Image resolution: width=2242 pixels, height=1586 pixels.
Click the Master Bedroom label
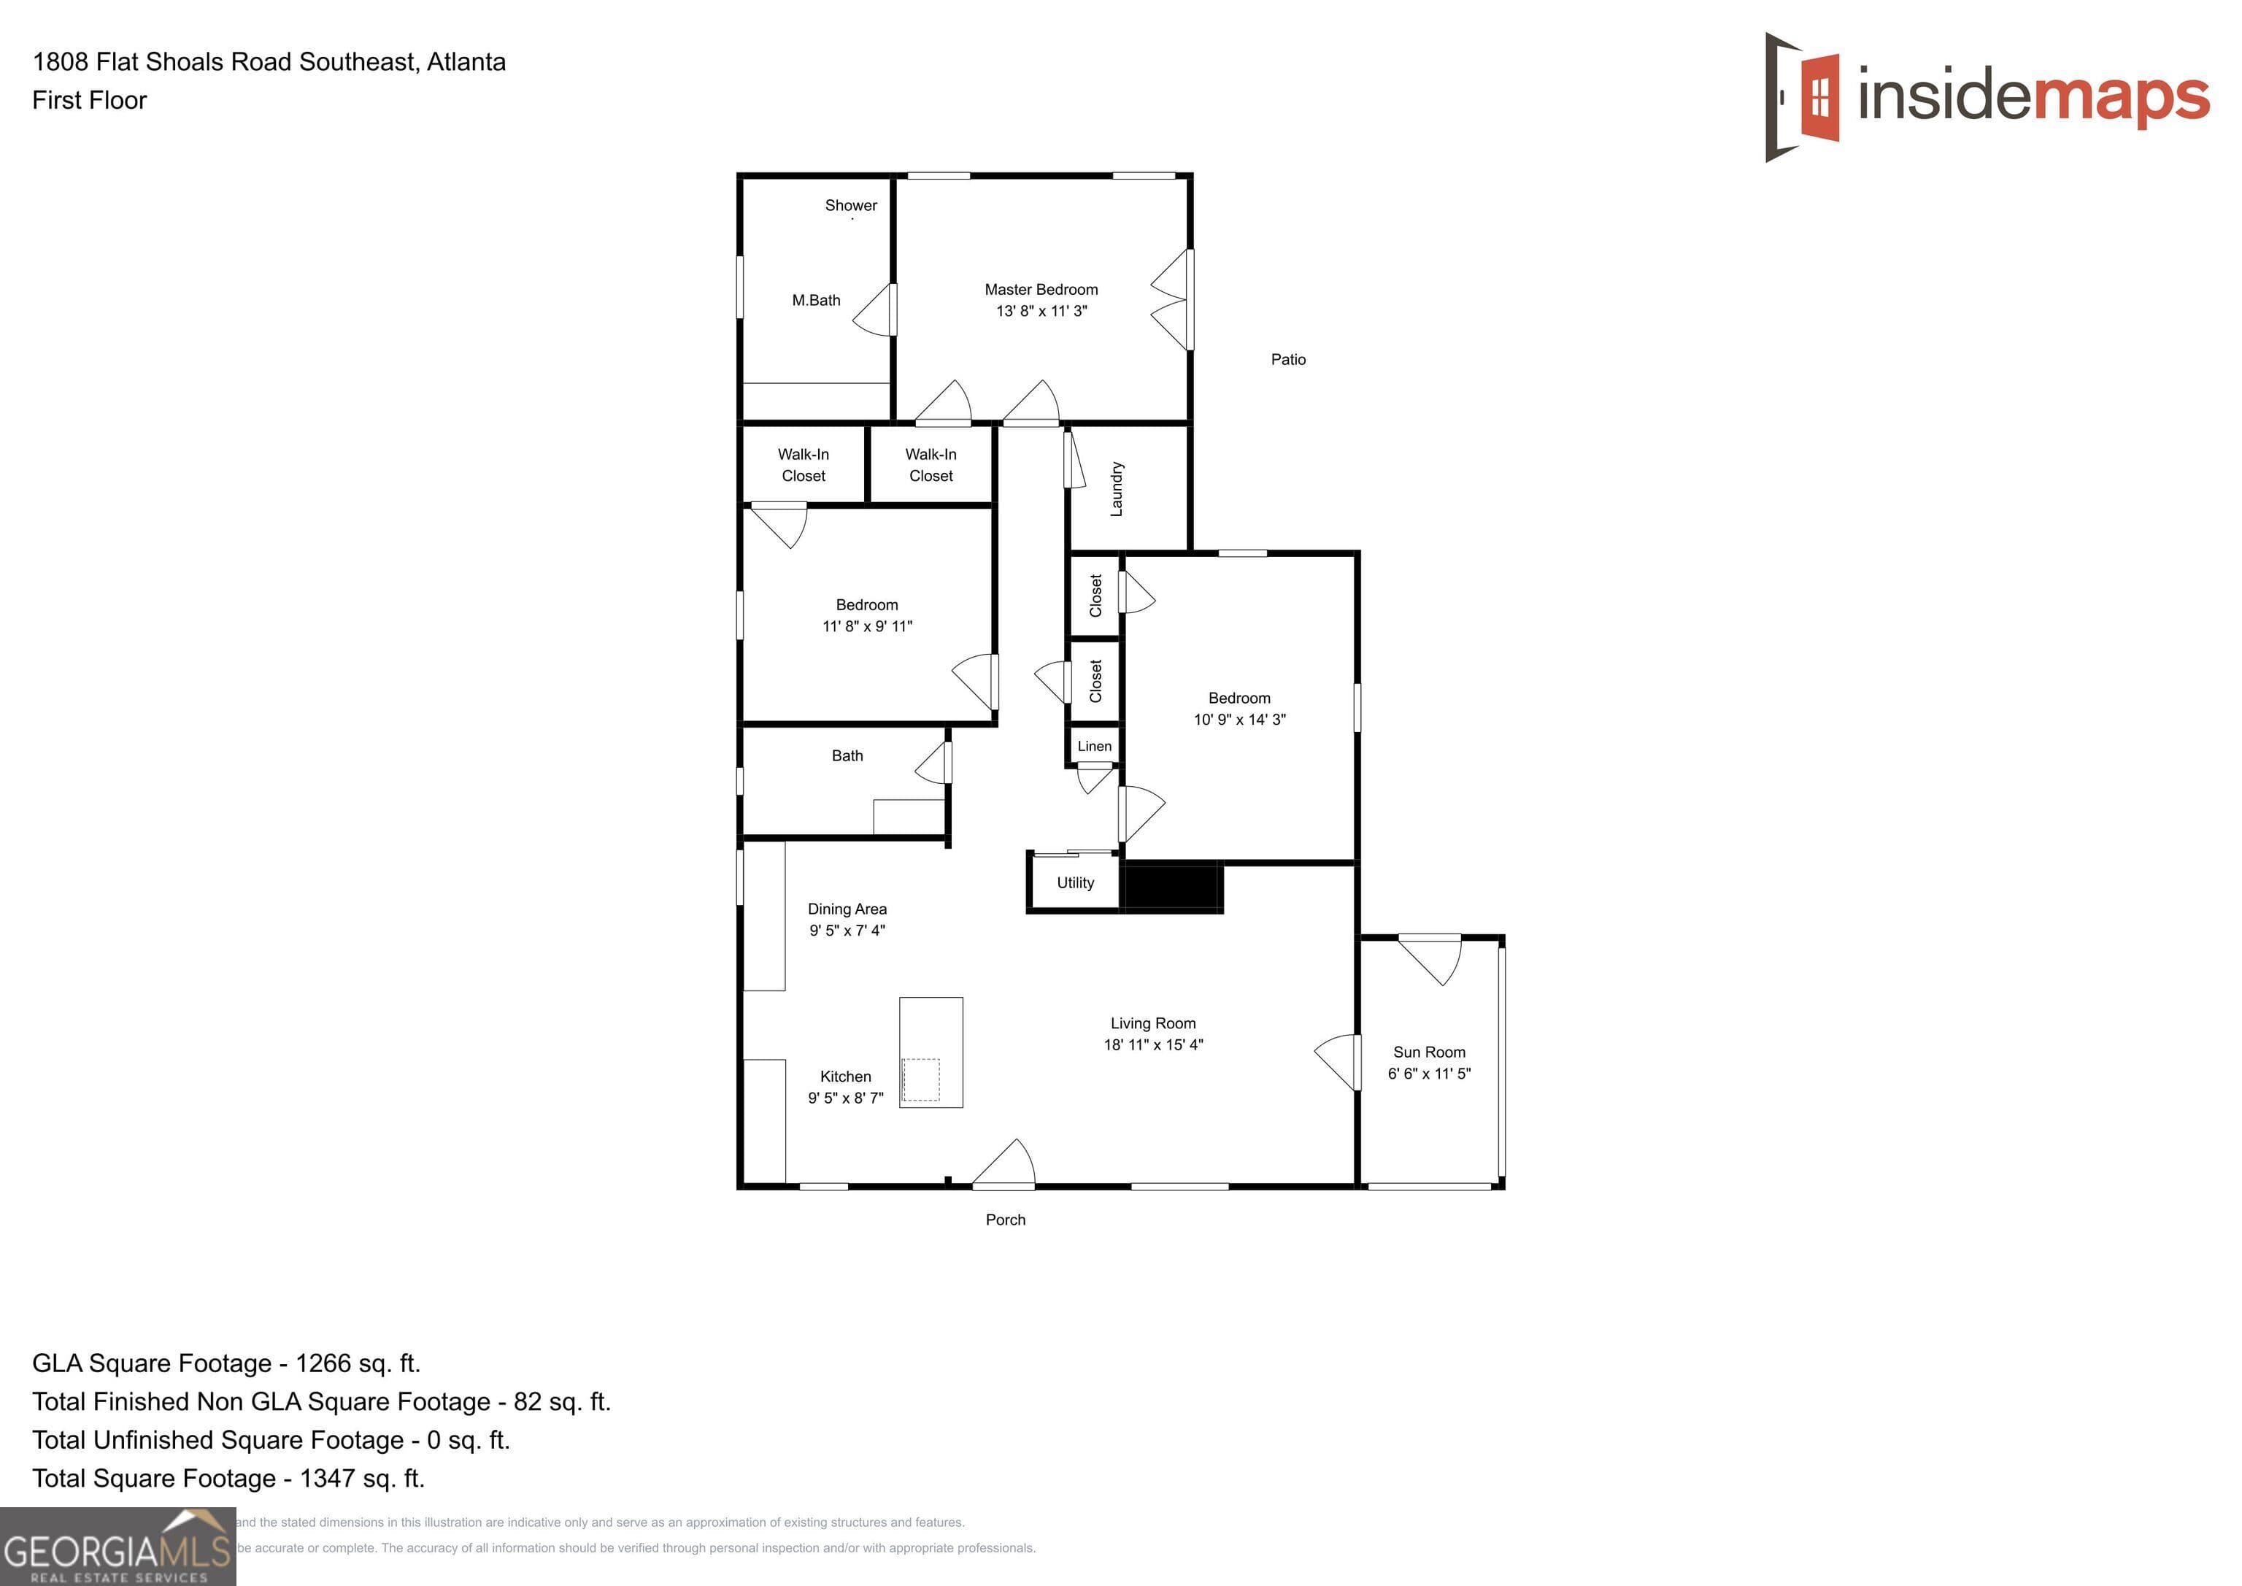pyautogui.click(x=1041, y=290)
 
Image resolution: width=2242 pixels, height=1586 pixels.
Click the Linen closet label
pyautogui.click(x=1094, y=746)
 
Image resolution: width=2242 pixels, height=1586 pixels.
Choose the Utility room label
pyautogui.click(x=1075, y=883)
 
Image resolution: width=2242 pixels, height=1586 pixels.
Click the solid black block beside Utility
pyautogui.click(x=1173, y=887)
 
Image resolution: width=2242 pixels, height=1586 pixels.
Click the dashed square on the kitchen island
pyautogui.click(x=920, y=1080)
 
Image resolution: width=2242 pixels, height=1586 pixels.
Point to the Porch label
pyautogui.click(x=1005, y=1220)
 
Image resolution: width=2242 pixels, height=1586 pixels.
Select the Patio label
pyautogui.click(x=1288, y=359)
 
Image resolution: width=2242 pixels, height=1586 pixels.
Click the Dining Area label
pyautogui.click(x=847, y=909)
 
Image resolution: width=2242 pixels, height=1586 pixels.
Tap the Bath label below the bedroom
pyautogui.click(x=847, y=756)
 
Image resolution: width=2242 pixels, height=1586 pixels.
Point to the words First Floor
pyautogui.click(x=90, y=101)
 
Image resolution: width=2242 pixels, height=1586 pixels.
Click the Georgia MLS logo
pyautogui.click(x=118, y=1546)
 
